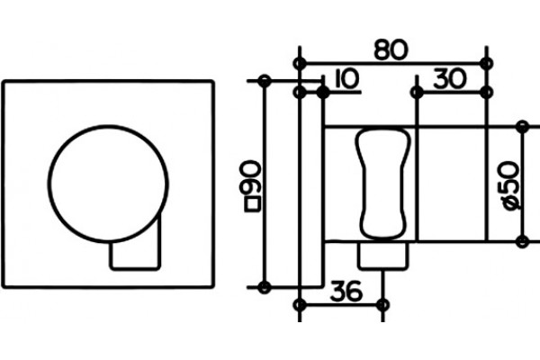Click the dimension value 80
[391, 50]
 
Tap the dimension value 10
[346, 78]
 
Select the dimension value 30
[450, 78]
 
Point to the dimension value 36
[346, 291]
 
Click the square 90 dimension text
[252, 186]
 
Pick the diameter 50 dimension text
[511, 185]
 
